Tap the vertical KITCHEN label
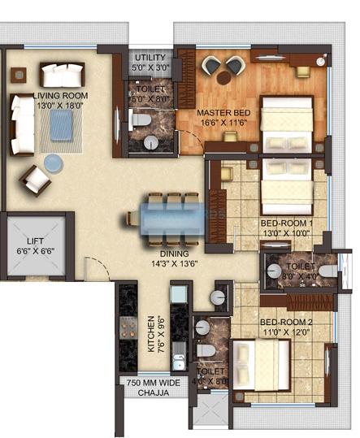150,334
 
